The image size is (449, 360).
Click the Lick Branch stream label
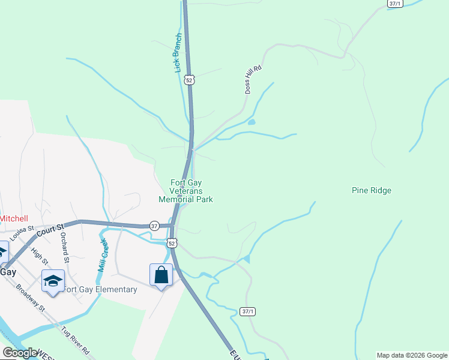(178, 53)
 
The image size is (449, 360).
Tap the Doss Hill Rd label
(253, 79)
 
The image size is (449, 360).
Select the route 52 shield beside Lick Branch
(190, 79)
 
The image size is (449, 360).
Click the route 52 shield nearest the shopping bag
(172, 243)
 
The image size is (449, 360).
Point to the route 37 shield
(154, 226)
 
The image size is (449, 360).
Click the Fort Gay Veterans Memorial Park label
(185, 191)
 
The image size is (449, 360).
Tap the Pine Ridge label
(371, 191)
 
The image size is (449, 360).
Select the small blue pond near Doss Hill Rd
(251, 122)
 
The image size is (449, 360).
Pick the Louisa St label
(22, 233)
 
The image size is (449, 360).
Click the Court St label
(50, 230)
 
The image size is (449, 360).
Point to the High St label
(40, 257)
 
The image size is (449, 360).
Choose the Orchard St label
(64, 248)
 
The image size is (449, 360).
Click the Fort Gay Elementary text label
(100, 290)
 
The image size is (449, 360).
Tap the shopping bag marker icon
(161, 275)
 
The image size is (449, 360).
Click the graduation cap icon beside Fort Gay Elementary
(53, 281)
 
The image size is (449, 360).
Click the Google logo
(20, 353)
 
